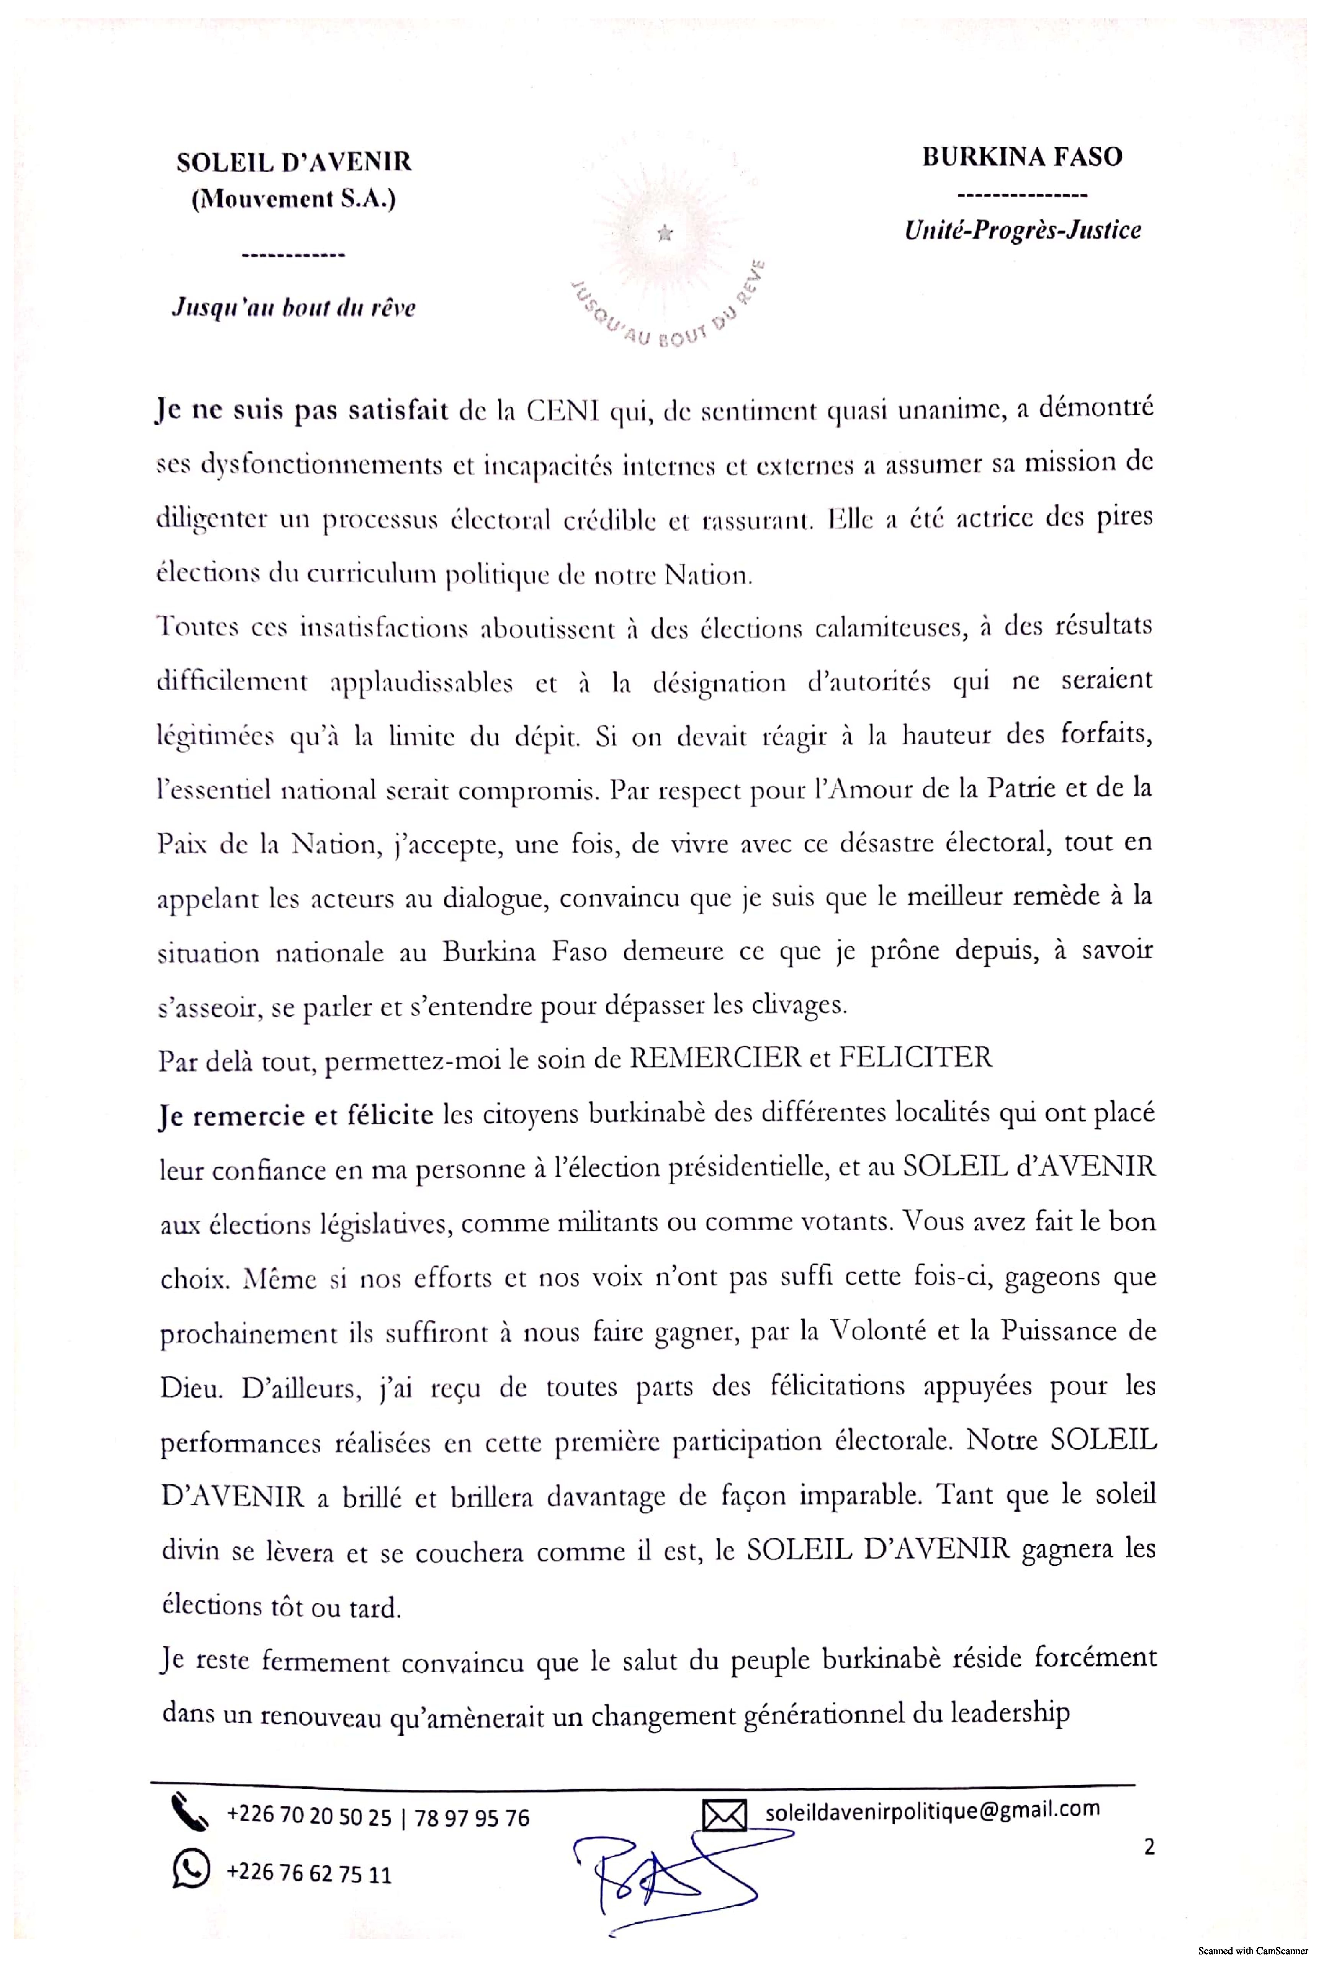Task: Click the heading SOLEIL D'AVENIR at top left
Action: (x=293, y=162)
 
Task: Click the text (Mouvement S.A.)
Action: (x=293, y=200)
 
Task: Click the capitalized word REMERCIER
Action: (x=715, y=1057)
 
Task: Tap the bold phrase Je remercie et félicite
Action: (x=296, y=1115)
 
